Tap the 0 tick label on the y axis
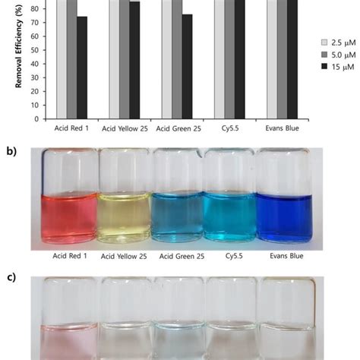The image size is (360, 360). (39, 118)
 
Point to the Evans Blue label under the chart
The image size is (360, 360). (282, 129)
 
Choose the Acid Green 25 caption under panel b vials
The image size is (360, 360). (177, 255)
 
